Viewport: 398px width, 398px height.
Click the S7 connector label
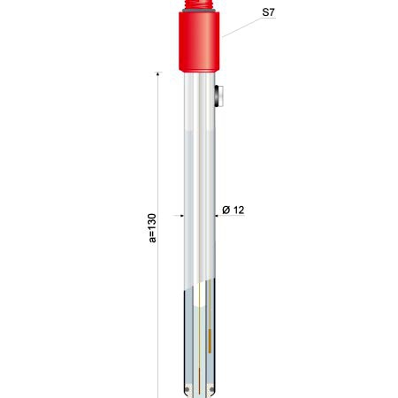coord(268,12)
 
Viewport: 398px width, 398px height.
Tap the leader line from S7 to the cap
coord(241,27)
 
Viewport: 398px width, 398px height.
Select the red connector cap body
coord(199,42)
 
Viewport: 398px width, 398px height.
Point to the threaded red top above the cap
coord(199,4)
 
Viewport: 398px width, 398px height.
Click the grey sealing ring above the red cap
coord(199,11)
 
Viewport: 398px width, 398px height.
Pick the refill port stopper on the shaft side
coord(218,96)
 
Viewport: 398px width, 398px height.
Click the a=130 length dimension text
coord(152,228)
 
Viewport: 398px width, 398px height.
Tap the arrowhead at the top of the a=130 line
coord(158,74)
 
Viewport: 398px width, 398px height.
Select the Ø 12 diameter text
coord(233,210)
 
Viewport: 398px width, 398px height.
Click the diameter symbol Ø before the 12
coord(226,210)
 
